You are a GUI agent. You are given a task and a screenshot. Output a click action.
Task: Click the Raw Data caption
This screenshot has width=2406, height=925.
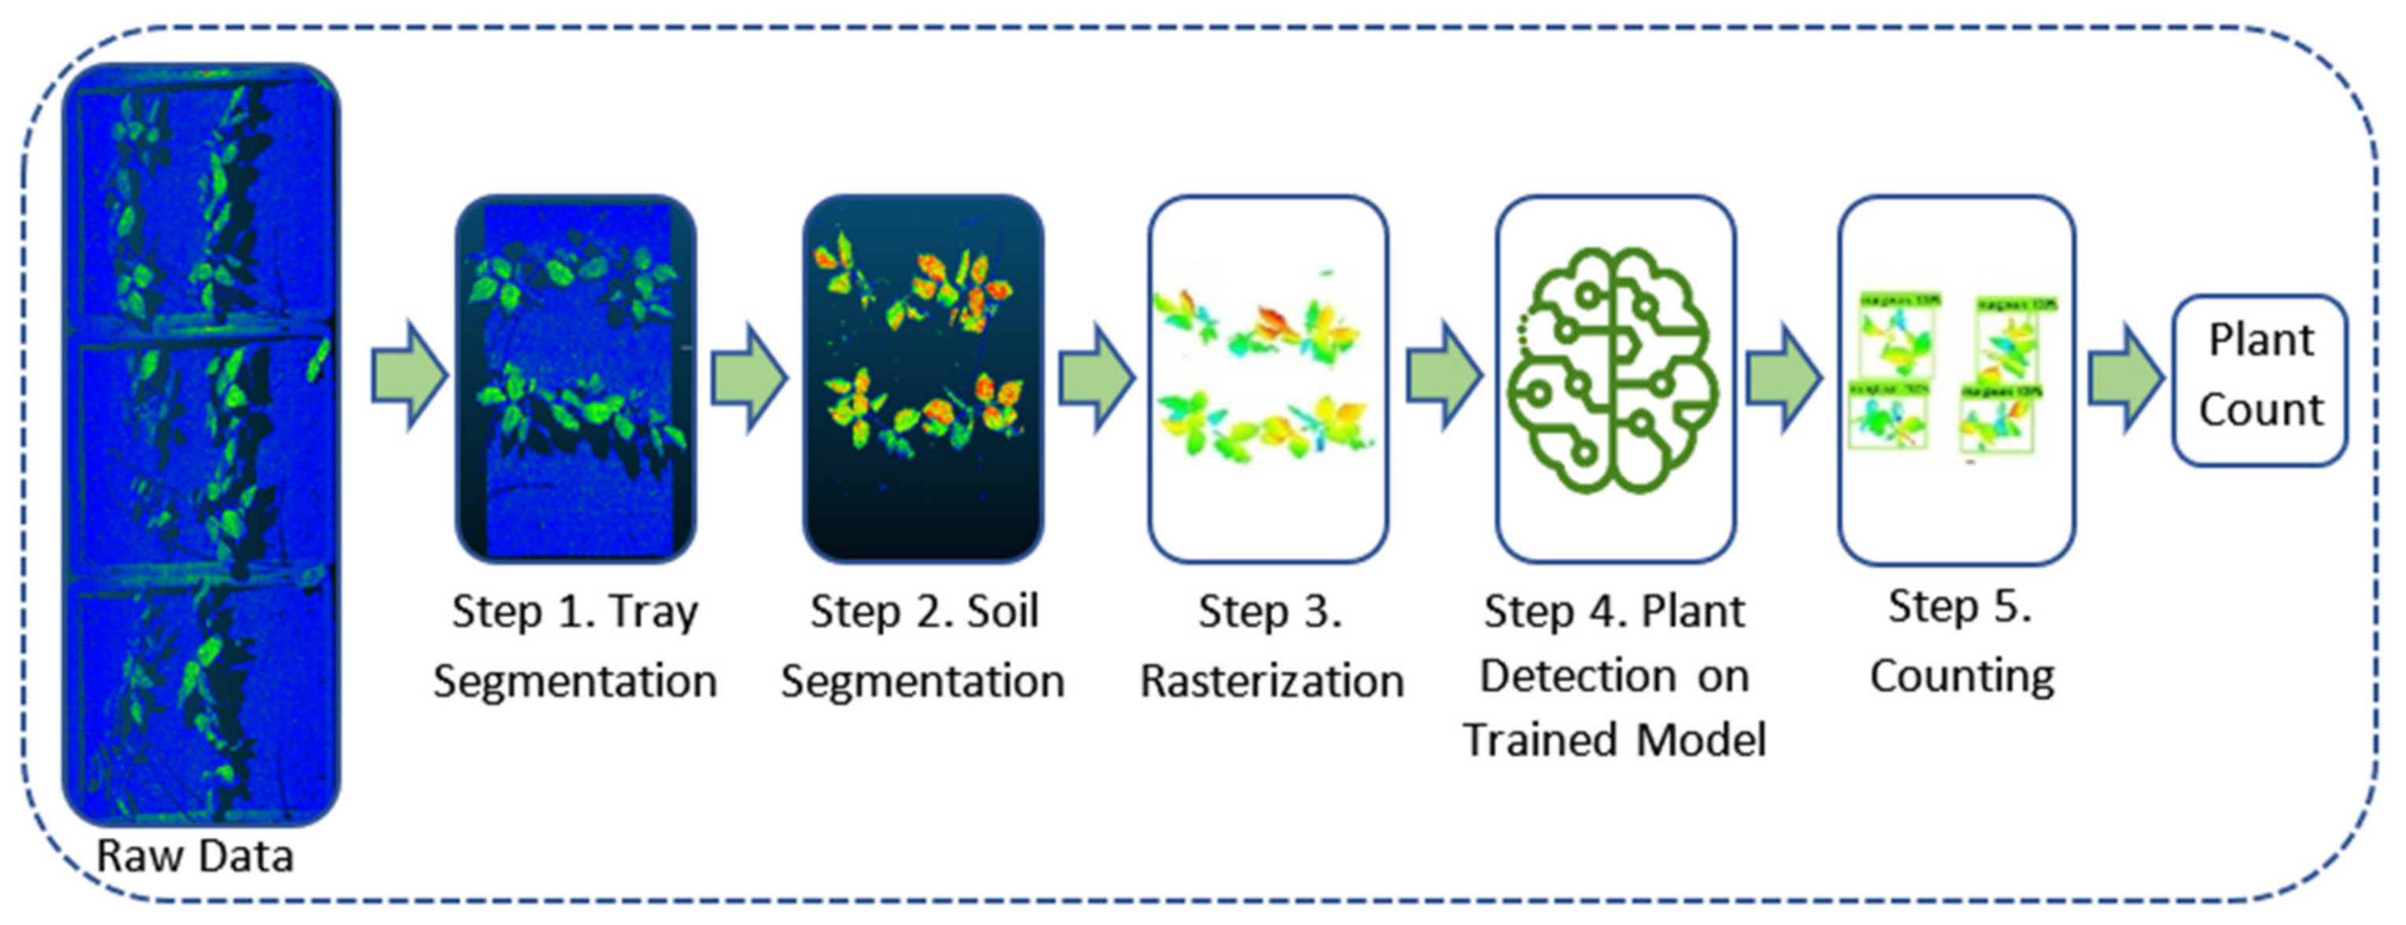click(195, 856)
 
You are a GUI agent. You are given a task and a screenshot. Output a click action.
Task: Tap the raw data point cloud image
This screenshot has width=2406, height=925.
click(200, 444)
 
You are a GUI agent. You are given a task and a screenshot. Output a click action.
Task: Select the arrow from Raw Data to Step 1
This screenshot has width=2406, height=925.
click(408, 377)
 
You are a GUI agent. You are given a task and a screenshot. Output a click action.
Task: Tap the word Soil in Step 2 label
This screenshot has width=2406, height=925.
click(1002, 612)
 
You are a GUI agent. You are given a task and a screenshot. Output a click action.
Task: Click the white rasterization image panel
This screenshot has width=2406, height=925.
click(1267, 378)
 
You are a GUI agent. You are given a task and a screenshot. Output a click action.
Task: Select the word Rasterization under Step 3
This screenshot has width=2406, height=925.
click(1271, 681)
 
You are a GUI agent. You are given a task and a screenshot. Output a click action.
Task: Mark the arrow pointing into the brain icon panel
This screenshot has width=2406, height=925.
click(1443, 377)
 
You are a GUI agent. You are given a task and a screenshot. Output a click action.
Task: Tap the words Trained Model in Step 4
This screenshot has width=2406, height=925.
click(1615, 740)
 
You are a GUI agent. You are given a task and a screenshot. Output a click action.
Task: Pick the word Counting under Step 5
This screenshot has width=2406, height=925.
click(1962, 676)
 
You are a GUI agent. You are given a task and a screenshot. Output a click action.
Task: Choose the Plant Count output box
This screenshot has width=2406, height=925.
click(2260, 378)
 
